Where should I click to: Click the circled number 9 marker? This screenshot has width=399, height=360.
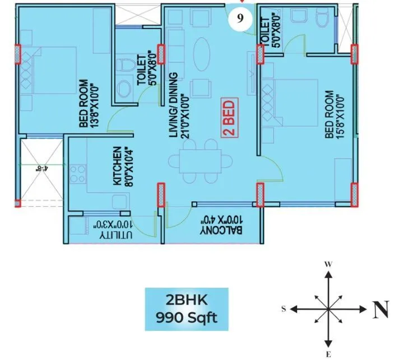240,18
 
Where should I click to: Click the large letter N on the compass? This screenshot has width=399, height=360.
381,308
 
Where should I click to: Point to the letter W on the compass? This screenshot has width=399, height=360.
329,264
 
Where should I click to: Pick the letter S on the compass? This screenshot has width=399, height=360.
284,308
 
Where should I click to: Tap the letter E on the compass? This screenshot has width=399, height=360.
329,353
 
